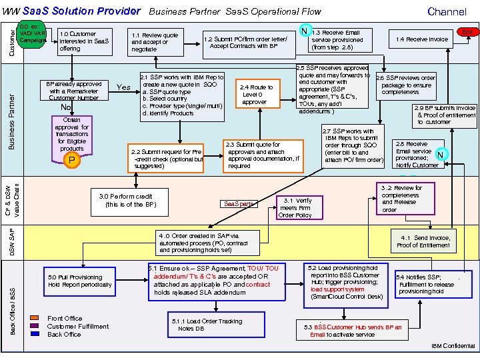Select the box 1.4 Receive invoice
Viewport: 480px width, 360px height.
pyautogui.click(x=421, y=39)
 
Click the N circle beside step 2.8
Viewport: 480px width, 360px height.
pyautogui.click(x=440, y=155)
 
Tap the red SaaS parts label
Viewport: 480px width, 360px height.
pyautogui.click(x=239, y=203)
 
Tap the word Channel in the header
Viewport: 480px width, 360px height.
pyautogui.click(x=447, y=11)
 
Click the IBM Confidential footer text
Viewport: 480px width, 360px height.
pyautogui.click(x=453, y=346)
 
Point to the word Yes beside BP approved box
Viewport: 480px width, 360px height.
pyautogui.click(x=124, y=87)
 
